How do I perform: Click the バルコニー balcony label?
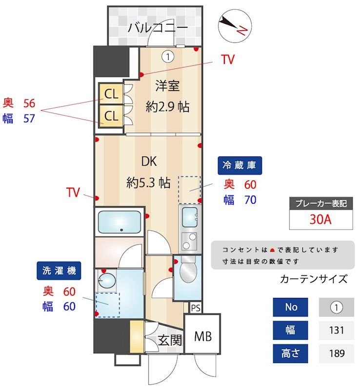(x=158, y=28)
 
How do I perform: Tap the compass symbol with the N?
(x=234, y=25)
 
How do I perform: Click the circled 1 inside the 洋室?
(x=168, y=57)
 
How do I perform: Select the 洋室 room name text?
(x=167, y=86)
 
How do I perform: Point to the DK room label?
(x=149, y=161)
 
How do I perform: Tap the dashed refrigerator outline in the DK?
(x=189, y=190)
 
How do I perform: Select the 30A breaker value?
(x=320, y=219)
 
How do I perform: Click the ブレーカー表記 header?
(x=320, y=203)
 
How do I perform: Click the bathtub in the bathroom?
(x=120, y=222)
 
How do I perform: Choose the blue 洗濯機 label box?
(x=59, y=271)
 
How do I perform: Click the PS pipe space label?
(x=196, y=308)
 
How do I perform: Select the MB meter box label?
(x=202, y=336)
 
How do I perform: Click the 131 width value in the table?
(x=336, y=330)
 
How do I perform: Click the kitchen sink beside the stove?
(x=190, y=214)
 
